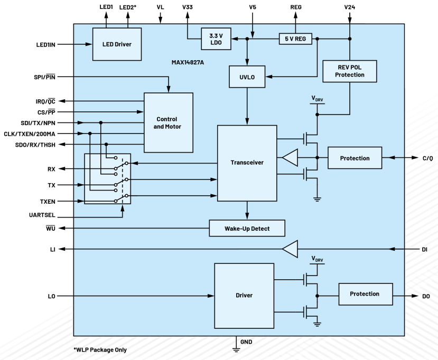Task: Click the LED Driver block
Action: tap(117, 44)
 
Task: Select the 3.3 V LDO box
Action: tap(216, 39)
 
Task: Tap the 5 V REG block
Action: tap(295, 39)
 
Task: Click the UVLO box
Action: tap(247, 77)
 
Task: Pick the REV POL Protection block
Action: tap(349, 71)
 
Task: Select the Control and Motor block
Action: tap(168, 123)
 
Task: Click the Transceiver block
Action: tap(247, 163)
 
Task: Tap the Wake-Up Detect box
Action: tap(247, 228)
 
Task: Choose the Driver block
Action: tap(244, 295)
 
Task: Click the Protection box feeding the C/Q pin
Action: tap(355, 158)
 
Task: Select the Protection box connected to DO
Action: tap(366, 294)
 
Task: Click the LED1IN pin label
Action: tap(42, 44)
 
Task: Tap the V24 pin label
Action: tap(349, 7)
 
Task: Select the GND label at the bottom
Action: tap(246, 342)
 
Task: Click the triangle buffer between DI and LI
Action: tap(290, 249)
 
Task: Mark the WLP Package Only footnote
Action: tap(100, 349)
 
